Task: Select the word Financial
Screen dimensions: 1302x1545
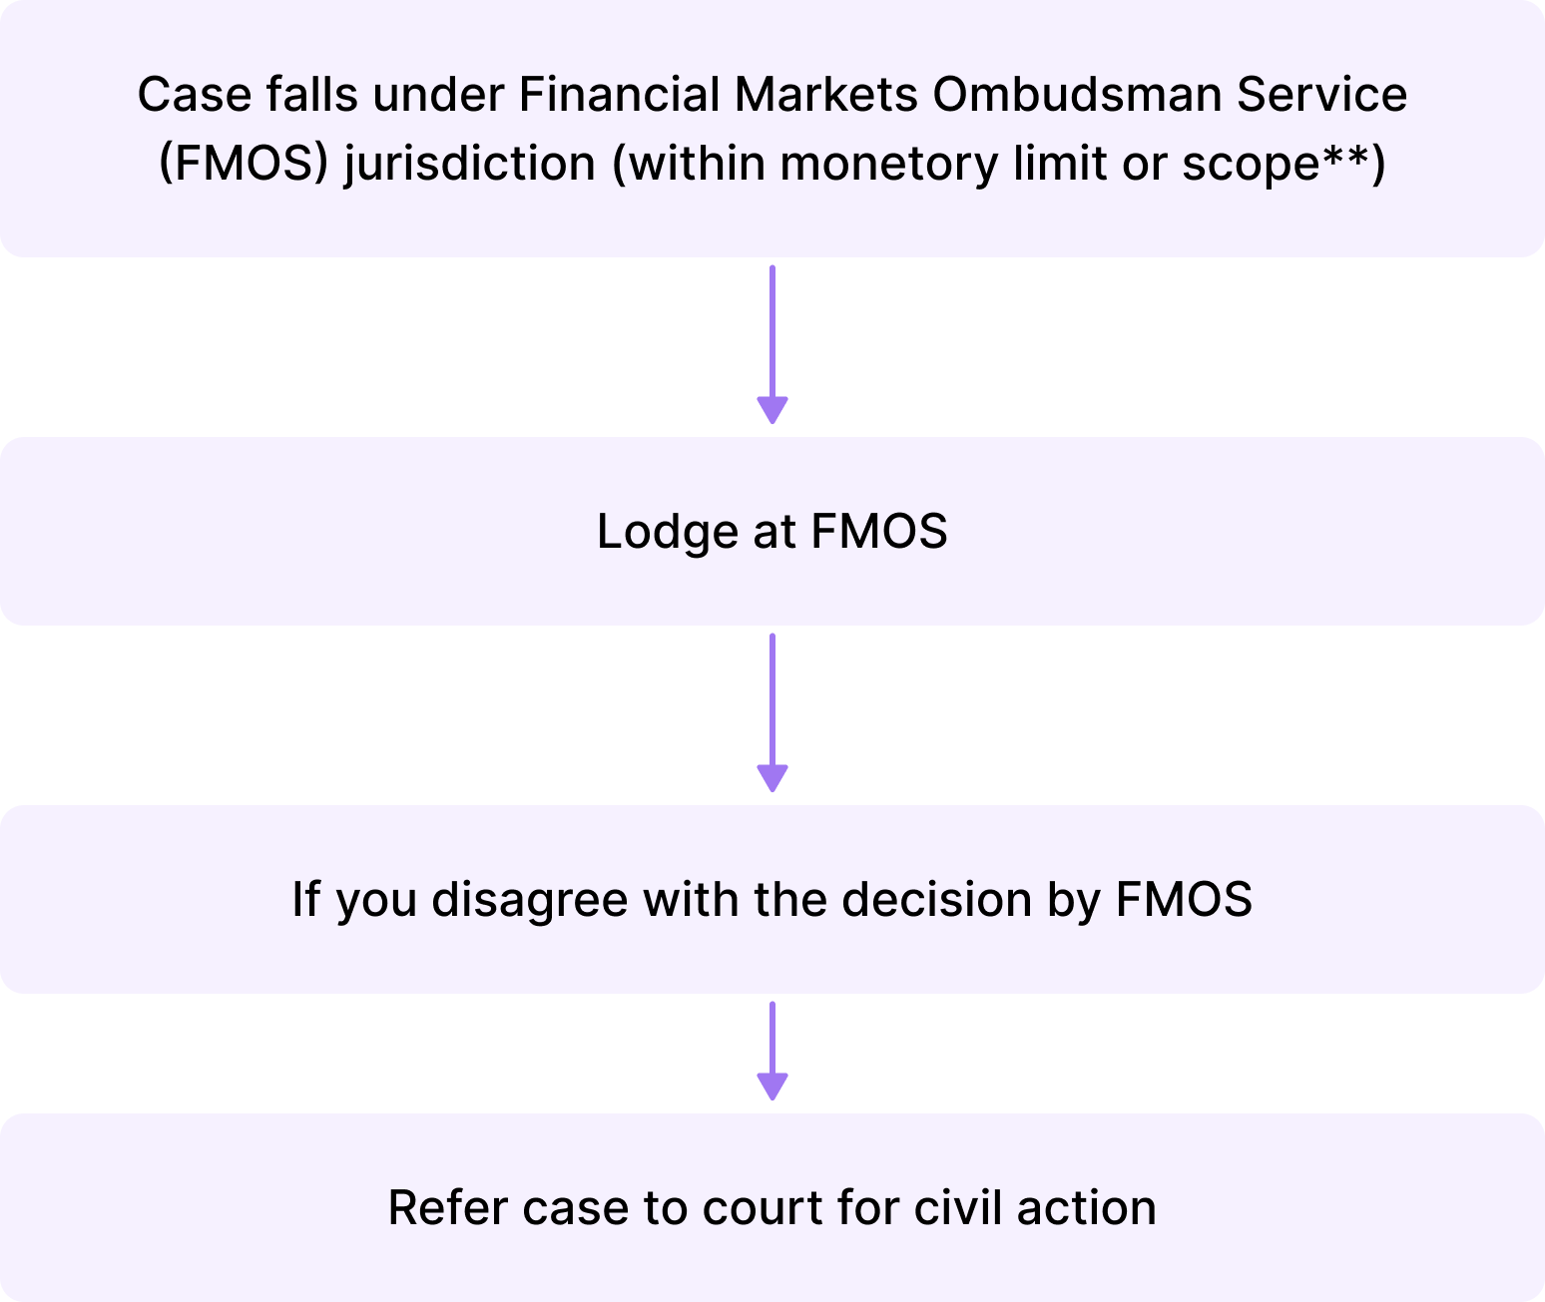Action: click(619, 95)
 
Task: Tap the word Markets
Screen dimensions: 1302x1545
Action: click(825, 95)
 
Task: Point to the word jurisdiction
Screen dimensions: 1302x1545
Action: click(469, 164)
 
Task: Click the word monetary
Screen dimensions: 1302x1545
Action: click(888, 164)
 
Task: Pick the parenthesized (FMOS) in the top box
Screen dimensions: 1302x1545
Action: click(244, 164)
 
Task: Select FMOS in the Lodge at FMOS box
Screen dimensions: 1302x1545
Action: click(878, 531)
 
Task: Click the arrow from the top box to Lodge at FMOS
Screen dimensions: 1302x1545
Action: click(772, 344)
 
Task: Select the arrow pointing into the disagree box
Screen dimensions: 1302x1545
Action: click(772, 712)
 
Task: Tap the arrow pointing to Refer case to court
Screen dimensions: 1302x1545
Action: click(772, 1051)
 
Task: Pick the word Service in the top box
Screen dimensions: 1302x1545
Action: click(1321, 95)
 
